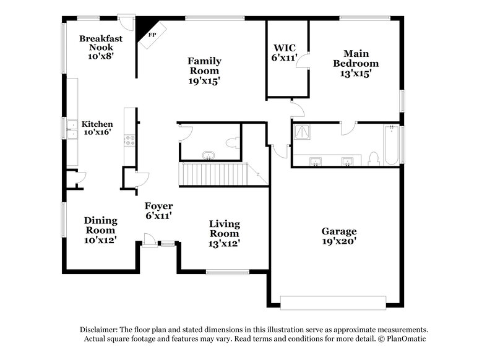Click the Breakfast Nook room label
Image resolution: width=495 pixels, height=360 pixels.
pyautogui.click(x=101, y=46)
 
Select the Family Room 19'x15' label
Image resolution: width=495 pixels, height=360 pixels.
pyautogui.click(x=205, y=70)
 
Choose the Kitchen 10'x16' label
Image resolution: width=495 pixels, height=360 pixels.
pyautogui.click(x=97, y=128)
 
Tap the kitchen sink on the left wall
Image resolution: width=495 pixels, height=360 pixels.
pyautogui.click(x=72, y=129)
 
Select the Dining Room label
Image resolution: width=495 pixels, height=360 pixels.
pyautogui.click(x=100, y=229)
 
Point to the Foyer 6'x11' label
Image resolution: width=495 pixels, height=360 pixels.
pyautogui.click(x=158, y=211)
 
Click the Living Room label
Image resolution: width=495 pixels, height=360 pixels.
pyautogui.click(x=224, y=233)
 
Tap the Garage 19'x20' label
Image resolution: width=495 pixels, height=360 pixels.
pyautogui.click(x=338, y=236)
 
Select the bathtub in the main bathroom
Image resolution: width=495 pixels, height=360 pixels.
pyautogui.click(x=392, y=145)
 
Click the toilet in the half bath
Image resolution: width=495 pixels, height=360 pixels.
pyautogui.click(x=231, y=143)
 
